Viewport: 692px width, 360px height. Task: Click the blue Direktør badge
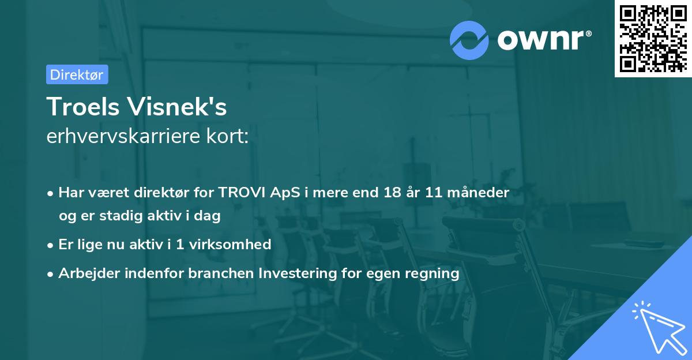[x=77, y=74]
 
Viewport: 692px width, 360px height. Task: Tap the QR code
[x=652, y=38]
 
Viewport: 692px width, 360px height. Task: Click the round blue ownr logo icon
[x=469, y=40]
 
